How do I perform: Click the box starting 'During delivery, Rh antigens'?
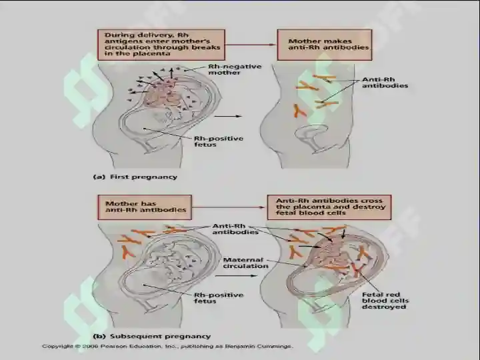pos(161,45)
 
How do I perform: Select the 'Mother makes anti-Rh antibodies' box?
pos(325,45)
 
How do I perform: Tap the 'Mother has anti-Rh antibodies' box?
pos(145,207)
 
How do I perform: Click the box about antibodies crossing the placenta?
pos(329,207)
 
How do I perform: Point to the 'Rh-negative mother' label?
pos(235,69)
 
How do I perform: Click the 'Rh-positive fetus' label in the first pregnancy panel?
pos(219,141)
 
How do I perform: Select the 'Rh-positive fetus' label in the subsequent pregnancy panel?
pos(219,298)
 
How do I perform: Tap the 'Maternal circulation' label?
pos(245,263)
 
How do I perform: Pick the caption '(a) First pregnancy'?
pos(135,177)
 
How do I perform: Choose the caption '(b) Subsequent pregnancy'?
pos(152,337)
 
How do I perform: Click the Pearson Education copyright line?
pos(167,347)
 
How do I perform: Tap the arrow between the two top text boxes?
pos(251,45)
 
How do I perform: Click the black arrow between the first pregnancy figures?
pos(228,116)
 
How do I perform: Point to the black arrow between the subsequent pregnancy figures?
pos(236,276)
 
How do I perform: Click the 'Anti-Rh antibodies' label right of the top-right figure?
pos(385,83)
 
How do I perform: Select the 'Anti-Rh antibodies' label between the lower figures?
pos(235,229)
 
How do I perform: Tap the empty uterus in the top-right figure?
pos(309,135)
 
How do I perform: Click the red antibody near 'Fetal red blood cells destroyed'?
pos(356,269)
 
